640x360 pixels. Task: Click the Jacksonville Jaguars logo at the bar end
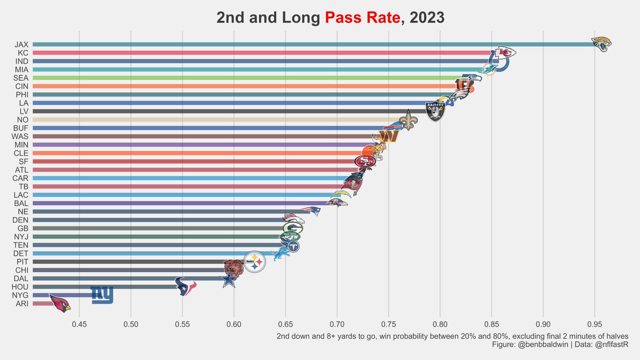602,44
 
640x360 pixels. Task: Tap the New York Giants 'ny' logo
101,295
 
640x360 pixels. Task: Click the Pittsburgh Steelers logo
254,261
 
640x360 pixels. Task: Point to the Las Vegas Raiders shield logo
435,111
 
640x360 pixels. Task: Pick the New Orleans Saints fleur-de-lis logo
409,120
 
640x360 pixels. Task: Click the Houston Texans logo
186,286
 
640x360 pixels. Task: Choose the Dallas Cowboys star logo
229,278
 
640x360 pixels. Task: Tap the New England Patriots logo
310,211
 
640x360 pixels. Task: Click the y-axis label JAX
22,44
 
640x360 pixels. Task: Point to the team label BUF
21,128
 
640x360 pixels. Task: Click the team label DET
21,253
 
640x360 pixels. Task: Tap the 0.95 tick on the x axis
595,324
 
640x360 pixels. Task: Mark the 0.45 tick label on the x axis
79,324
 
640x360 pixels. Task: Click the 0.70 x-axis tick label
337,324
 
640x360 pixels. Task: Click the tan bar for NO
213,119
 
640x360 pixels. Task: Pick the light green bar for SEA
240,78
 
